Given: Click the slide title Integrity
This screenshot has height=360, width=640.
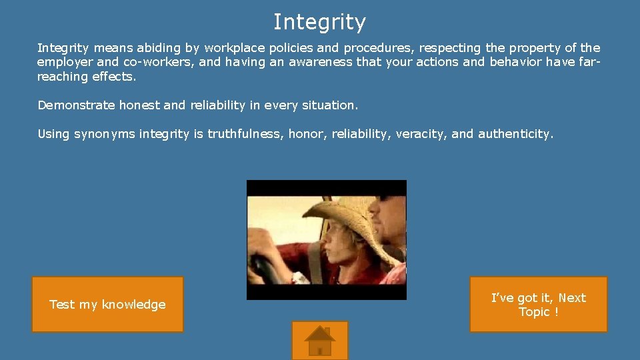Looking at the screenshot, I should tap(319, 22).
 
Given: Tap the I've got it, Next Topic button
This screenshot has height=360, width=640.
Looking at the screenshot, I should tap(538, 305).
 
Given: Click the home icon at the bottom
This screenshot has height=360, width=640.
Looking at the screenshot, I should tap(320, 341).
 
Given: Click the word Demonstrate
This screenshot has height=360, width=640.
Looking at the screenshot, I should tap(77, 105).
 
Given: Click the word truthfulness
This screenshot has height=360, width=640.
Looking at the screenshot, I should tap(247, 134).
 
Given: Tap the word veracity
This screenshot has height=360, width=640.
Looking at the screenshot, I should tap(421, 134).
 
